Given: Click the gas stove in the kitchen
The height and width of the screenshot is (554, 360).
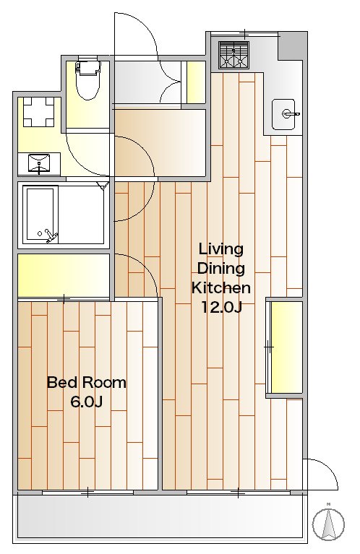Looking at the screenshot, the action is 233,55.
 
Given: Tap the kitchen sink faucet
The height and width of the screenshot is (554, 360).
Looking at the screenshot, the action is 291,114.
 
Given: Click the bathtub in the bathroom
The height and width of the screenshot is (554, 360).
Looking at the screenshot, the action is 40,213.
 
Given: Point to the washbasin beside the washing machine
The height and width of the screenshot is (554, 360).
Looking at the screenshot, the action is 39,163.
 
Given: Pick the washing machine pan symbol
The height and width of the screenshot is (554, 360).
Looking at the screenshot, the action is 38,112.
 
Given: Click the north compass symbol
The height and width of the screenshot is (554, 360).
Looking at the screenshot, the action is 328,524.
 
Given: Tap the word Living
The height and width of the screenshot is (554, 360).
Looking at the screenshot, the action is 221,249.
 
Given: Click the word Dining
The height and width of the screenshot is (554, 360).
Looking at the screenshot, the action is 220,269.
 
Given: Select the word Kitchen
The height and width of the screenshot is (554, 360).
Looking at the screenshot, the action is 221,287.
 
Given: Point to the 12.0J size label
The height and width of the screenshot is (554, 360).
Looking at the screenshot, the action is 221,307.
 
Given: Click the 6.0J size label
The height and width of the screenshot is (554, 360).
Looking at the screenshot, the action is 87,402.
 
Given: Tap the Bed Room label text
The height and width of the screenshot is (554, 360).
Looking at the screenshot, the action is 87,383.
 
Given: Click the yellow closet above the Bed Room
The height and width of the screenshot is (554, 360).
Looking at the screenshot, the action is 64,276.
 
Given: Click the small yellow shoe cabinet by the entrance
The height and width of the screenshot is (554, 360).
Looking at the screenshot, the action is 196,82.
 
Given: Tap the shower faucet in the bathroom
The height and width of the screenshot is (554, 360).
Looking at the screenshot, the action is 49,235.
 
